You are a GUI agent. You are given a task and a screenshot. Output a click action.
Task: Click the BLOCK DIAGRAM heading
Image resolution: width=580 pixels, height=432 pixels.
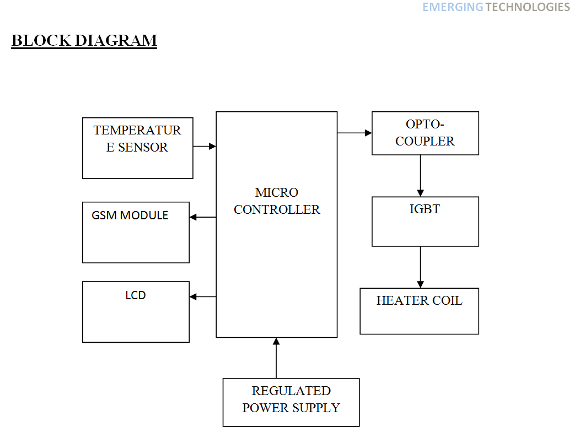click(x=84, y=41)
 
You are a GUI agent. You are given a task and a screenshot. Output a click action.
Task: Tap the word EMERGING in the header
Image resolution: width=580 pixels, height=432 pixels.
click(x=453, y=7)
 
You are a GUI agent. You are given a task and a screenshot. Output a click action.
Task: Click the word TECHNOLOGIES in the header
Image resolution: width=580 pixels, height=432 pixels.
click(x=528, y=7)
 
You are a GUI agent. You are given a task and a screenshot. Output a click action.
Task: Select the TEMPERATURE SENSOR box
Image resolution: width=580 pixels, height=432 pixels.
click(x=137, y=148)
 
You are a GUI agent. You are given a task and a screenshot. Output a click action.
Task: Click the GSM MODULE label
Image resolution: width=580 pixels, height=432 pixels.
click(x=130, y=215)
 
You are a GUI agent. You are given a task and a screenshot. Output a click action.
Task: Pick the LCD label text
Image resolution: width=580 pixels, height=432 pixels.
click(x=136, y=295)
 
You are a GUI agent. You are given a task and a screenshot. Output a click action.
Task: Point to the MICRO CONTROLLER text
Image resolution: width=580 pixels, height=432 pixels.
click(x=277, y=201)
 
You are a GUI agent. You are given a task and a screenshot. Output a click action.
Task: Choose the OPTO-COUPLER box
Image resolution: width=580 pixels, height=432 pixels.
click(x=425, y=133)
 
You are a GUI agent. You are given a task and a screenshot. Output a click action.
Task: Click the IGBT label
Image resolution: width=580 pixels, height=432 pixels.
click(x=425, y=209)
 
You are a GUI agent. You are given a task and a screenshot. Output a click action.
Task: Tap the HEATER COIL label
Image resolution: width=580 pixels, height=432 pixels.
click(x=419, y=301)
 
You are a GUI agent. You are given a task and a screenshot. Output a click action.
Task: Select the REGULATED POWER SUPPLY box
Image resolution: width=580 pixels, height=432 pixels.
click(x=291, y=402)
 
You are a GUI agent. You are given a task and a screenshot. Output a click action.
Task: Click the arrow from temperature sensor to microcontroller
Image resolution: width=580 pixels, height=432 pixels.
click(x=205, y=146)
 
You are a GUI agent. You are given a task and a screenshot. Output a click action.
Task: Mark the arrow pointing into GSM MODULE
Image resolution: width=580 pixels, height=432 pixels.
click(x=202, y=217)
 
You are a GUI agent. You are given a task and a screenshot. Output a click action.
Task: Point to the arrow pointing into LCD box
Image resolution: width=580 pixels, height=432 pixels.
click(x=202, y=296)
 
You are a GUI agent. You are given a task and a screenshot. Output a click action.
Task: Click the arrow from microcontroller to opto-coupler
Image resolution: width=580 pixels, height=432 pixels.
click(x=355, y=132)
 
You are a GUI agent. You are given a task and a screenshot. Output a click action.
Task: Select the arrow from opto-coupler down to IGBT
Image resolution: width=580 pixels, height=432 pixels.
click(x=421, y=176)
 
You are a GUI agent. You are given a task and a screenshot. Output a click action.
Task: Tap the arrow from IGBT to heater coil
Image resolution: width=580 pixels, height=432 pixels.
click(x=421, y=267)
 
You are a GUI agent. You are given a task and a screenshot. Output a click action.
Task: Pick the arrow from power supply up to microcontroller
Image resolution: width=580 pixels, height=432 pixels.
click(x=276, y=358)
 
